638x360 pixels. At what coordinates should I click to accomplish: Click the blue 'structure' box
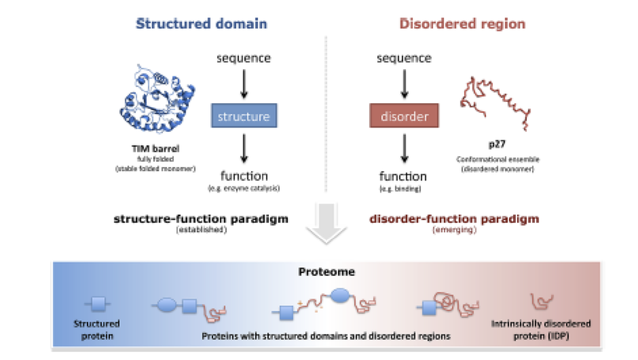(244, 116)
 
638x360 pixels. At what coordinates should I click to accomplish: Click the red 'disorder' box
(405, 116)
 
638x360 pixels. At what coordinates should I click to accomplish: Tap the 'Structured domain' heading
(202, 24)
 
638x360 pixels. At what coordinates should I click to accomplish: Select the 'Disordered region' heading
(462, 24)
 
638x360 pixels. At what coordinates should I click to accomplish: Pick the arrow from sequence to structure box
(244, 83)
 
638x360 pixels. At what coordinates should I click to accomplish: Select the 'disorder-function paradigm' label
(454, 219)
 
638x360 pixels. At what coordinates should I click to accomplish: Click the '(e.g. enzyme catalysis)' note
(243, 187)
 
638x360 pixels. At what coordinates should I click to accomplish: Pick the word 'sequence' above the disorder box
(405, 58)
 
